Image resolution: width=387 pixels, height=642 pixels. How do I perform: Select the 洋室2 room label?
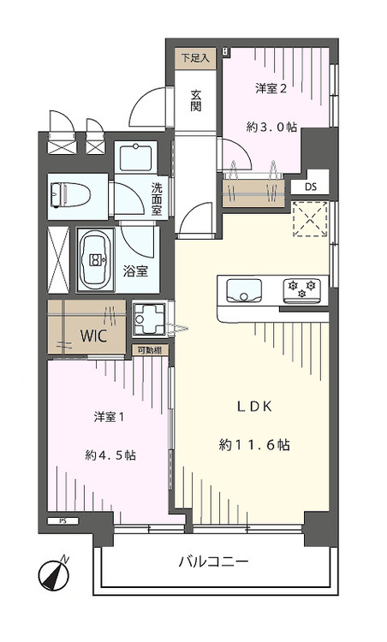pos(271,88)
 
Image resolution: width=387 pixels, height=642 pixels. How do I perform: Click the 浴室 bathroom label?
pos(135,271)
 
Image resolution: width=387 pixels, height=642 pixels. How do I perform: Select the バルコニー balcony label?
pos(213,562)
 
